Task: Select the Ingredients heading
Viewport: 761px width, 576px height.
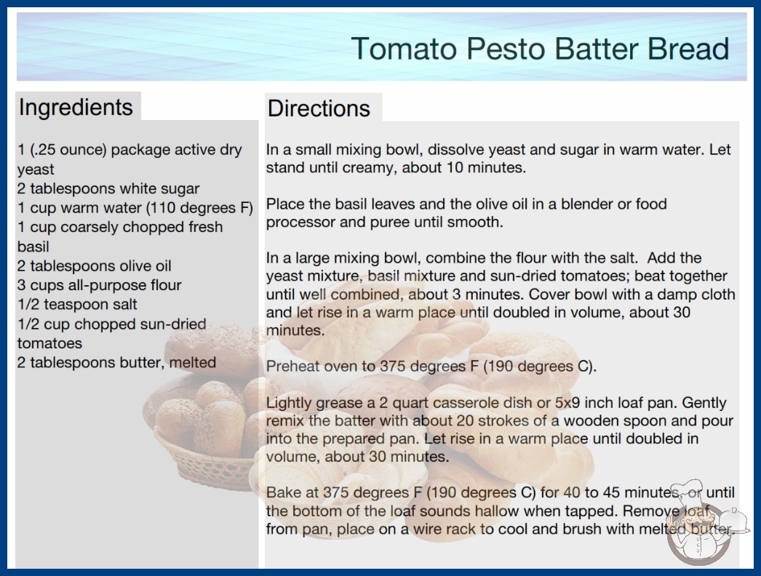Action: (76, 108)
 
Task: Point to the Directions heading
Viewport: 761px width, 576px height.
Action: (319, 108)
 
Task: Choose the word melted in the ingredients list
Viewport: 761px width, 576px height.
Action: (193, 362)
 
